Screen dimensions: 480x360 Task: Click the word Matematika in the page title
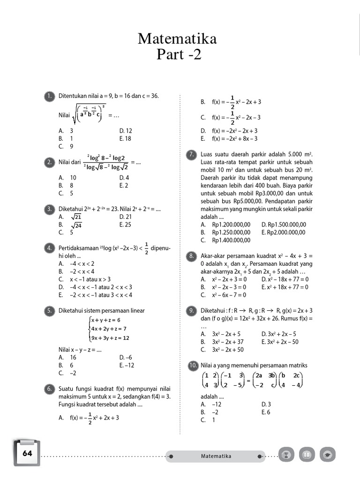(x=177, y=39)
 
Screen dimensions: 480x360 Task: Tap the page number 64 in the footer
(x=27, y=453)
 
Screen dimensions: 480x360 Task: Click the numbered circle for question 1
(x=49, y=96)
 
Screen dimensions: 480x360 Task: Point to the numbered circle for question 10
(x=191, y=365)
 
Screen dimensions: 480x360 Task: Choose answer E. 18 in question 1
(x=125, y=139)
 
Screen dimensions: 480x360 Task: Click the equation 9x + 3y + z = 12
(x=110, y=338)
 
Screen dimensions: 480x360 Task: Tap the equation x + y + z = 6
(x=106, y=320)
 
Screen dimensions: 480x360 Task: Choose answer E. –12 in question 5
(x=127, y=365)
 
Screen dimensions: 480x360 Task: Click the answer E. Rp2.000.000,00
(x=283, y=232)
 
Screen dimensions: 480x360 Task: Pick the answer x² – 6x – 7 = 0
(x=223, y=295)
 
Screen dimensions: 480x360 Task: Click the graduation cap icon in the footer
(x=327, y=455)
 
